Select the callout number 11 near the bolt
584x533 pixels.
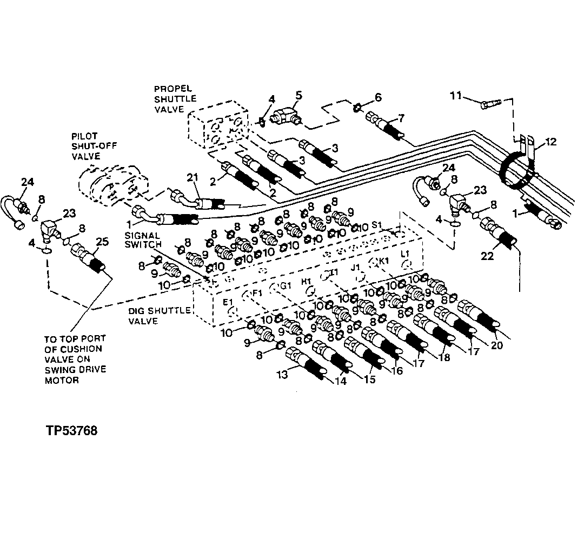455,96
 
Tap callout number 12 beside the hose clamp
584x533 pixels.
550,142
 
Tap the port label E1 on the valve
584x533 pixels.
228,301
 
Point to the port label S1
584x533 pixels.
377,223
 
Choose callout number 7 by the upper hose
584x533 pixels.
401,118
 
